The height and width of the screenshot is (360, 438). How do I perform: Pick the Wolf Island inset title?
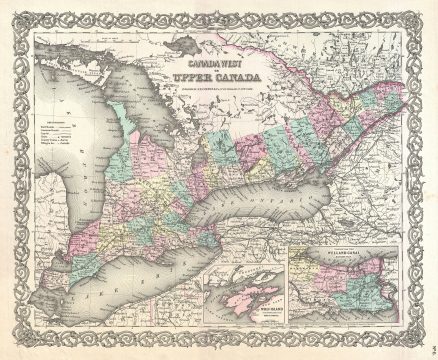click(247, 321)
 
